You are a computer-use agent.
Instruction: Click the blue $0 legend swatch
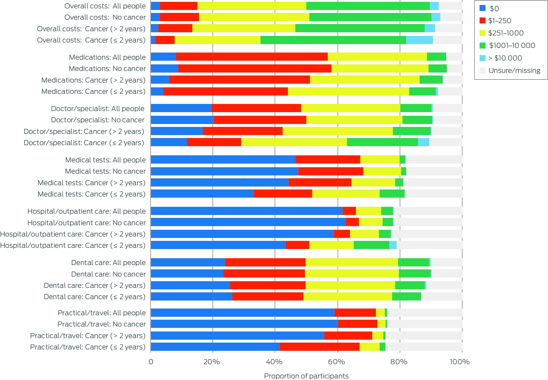[482, 8]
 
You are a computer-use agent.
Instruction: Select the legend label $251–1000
[506, 33]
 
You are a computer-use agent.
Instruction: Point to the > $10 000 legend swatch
[482, 58]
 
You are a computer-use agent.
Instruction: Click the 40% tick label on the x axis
[274, 362]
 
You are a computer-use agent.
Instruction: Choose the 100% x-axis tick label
[460, 362]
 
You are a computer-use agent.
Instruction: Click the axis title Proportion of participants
[306, 376]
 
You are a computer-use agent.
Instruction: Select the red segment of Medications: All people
[252, 57]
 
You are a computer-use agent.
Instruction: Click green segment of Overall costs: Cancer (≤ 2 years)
[333, 40]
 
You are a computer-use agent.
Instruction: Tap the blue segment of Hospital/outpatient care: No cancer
[248, 222]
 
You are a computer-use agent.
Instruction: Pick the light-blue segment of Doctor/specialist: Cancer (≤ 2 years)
[423, 142]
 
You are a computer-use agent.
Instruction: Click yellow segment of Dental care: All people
[352, 262]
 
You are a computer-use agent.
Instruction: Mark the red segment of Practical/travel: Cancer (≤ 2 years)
[319, 347]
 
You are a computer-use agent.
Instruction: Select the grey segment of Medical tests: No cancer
[434, 171]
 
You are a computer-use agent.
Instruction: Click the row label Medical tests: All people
[105, 160]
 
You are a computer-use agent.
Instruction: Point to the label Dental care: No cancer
[108, 274]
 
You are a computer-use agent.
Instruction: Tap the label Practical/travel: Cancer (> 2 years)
[88, 336]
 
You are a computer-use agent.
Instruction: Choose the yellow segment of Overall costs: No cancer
[254, 17]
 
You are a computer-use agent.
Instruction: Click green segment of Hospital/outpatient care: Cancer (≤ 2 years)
[371, 245]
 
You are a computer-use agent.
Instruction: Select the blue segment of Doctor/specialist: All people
[181, 108]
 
